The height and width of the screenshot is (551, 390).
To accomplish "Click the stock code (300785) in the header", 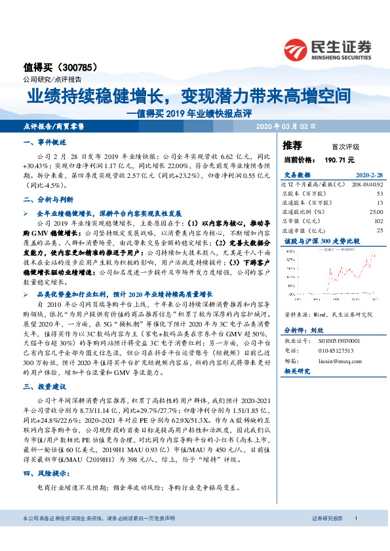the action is click(x=78, y=66).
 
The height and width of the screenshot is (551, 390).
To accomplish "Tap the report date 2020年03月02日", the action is click(x=286, y=125).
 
